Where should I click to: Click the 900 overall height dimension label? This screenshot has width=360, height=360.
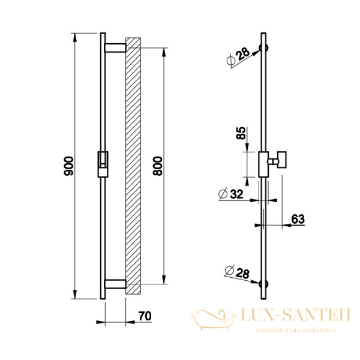point(68,166)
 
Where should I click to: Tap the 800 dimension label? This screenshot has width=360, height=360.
point(158,166)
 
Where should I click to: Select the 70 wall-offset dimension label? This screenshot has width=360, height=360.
point(145,316)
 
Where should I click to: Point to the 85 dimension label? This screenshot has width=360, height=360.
point(241,133)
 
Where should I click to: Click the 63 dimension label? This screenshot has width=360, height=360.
point(298,219)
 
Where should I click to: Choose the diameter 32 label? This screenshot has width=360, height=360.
point(230,194)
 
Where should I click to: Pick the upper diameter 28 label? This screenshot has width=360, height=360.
point(238,56)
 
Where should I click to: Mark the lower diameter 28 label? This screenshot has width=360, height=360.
point(237,272)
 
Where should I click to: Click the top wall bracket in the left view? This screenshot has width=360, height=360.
point(115,48)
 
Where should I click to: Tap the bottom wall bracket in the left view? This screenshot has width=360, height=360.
point(115,284)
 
